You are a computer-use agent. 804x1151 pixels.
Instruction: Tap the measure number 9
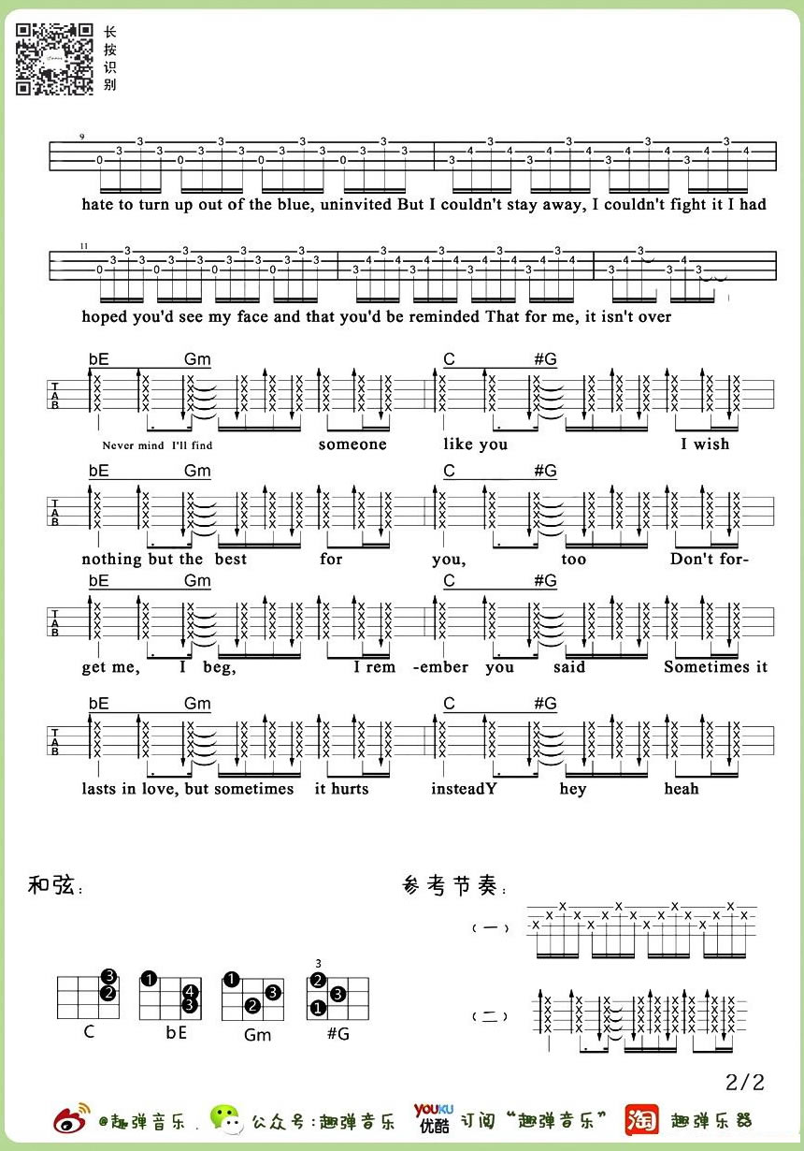[x=82, y=138]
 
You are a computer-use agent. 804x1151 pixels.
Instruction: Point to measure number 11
[x=84, y=246]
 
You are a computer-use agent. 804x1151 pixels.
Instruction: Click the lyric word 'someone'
[x=352, y=444]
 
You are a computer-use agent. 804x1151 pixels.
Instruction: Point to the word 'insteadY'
[x=464, y=789]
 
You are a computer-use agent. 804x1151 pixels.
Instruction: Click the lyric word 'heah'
[x=682, y=789]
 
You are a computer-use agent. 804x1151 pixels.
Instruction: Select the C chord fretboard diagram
[x=89, y=998]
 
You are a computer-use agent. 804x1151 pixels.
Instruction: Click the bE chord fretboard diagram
[x=170, y=998]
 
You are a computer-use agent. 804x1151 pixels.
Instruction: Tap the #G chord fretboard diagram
[x=337, y=998]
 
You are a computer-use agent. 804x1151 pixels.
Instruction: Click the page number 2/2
[x=744, y=1083]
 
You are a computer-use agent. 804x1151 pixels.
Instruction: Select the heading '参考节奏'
[x=452, y=886]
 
